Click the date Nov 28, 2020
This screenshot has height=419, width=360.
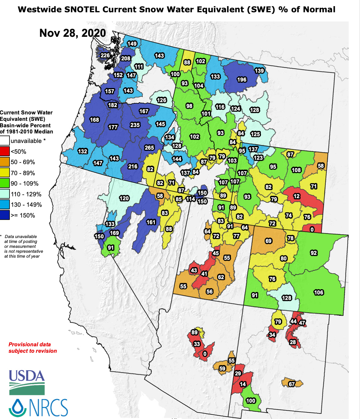(x=73, y=33)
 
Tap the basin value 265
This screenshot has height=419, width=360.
(x=149, y=148)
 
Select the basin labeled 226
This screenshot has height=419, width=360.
(x=105, y=55)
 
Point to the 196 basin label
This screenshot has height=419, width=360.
(x=242, y=79)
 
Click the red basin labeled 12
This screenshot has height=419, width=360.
(x=297, y=196)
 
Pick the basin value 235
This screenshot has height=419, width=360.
(x=135, y=125)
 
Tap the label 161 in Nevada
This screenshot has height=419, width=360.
(x=151, y=222)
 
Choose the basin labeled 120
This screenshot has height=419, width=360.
(x=124, y=198)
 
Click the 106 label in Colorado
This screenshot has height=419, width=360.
(x=319, y=292)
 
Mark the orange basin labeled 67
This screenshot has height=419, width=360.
(x=292, y=384)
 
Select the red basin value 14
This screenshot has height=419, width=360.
(x=243, y=384)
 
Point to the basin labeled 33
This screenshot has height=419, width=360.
(x=197, y=344)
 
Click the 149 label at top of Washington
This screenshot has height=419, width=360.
(x=132, y=44)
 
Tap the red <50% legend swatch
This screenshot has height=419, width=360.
(x=5, y=151)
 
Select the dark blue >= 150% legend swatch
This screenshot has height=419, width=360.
(x=5, y=215)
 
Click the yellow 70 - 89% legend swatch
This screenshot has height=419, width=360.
(x=5, y=173)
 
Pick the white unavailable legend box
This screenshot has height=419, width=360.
(x=5, y=141)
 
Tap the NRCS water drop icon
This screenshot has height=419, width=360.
(x=17, y=407)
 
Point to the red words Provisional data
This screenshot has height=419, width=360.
(x=30, y=344)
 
